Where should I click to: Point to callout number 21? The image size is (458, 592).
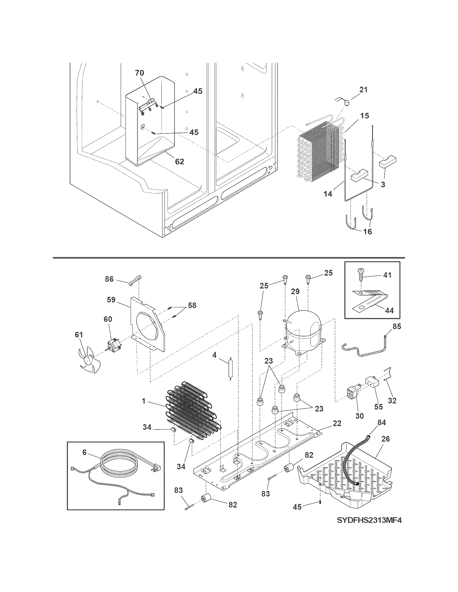click(x=363, y=90)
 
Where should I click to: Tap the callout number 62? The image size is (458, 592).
click(x=179, y=161)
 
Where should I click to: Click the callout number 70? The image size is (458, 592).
click(x=140, y=73)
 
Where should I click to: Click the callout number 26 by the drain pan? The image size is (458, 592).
click(x=386, y=439)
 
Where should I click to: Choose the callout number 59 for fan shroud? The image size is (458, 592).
click(x=111, y=300)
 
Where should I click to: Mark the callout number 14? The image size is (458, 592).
click(x=328, y=194)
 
